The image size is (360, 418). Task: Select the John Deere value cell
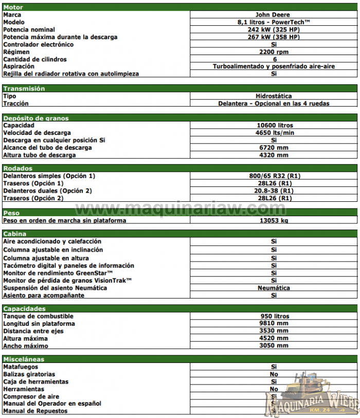[274, 15]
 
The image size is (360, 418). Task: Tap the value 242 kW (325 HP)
[274, 30]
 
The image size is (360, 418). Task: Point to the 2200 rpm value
[274, 52]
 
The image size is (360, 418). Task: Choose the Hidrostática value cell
[274, 96]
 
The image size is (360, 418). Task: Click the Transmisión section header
[24, 89]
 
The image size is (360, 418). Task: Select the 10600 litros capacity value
[274, 126]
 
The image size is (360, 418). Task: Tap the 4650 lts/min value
[274, 133]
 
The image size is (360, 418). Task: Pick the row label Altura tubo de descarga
[40, 155]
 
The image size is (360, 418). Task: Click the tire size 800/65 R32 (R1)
[274, 176]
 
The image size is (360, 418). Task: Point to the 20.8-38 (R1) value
[274, 190]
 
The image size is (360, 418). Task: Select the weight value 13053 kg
[274, 220]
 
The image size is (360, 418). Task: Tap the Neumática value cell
[274, 288]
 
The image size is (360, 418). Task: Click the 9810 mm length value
[274, 323]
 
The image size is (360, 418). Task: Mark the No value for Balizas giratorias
[274, 374]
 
